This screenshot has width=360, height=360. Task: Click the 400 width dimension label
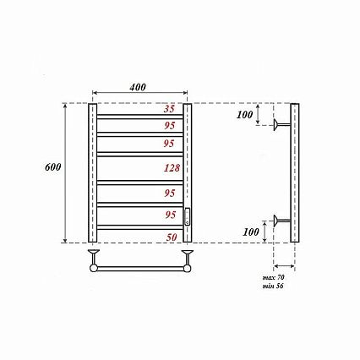click(x=138, y=87)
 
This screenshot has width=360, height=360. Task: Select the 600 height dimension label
click(x=53, y=167)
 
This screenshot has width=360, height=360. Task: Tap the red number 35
click(x=169, y=109)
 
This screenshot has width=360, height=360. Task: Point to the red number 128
click(x=172, y=168)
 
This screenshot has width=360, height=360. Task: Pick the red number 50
click(x=172, y=237)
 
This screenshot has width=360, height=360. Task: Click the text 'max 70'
click(x=273, y=277)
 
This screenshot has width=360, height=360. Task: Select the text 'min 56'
click(x=273, y=286)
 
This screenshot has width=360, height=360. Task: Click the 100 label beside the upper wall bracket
click(x=244, y=115)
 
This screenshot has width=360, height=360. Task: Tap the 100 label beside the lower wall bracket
click(x=251, y=232)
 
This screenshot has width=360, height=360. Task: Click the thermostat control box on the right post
click(x=188, y=216)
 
